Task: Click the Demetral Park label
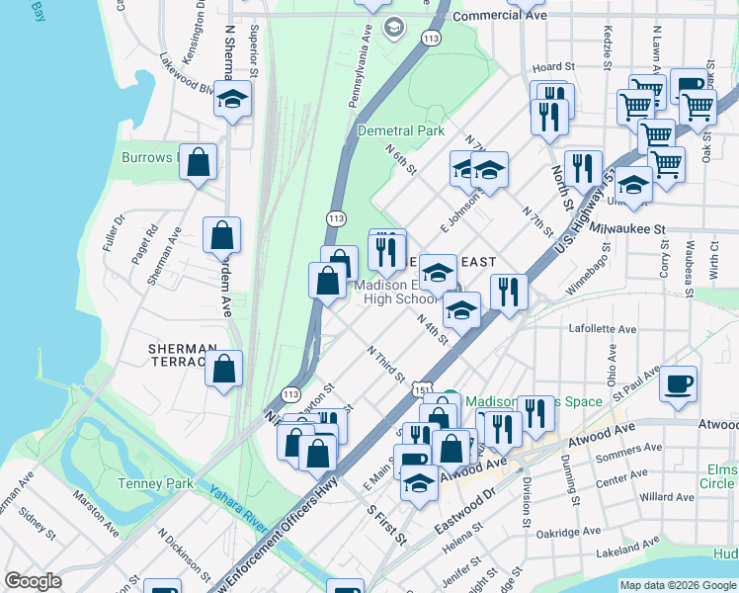pyautogui.click(x=401, y=130)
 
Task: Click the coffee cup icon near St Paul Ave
pyautogui.click(x=679, y=383)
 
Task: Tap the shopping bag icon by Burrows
pyautogui.click(x=199, y=162)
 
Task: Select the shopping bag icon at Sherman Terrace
pyautogui.click(x=225, y=370)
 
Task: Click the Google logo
pyautogui.click(x=33, y=581)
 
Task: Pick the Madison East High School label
pyautogui.click(x=390, y=293)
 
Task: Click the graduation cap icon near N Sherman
pyautogui.click(x=233, y=99)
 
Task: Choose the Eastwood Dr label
pyautogui.click(x=469, y=503)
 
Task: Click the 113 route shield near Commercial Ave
pyautogui.click(x=429, y=38)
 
